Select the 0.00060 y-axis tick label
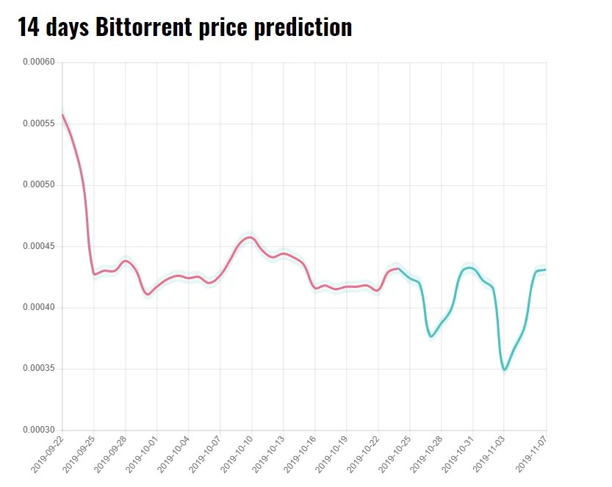click(x=39, y=62)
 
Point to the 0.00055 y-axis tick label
click(x=39, y=123)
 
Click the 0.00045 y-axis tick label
click(x=39, y=246)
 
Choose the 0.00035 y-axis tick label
click(x=39, y=369)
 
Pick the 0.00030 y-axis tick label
click(x=39, y=430)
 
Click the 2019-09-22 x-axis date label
click(x=48, y=454)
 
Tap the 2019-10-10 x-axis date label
click(x=237, y=454)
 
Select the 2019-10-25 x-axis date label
click(x=395, y=454)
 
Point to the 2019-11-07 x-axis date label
click(x=531, y=454)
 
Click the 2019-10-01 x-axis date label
click(x=142, y=454)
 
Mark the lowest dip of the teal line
click(x=505, y=369)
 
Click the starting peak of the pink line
click(x=62, y=115)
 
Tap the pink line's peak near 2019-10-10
click(x=250, y=237)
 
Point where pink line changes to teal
click(x=398, y=269)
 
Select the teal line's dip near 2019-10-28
click(x=431, y=336)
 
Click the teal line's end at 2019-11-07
click(x=545, y=270)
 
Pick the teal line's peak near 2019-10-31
click(x=469, y=267)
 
